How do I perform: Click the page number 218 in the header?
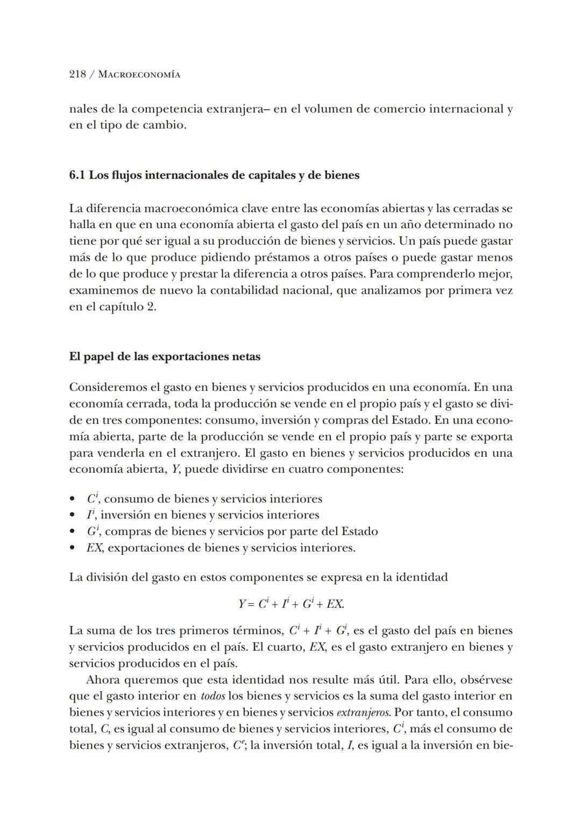tap(77, 75)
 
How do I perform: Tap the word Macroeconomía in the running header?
tap(139, 75)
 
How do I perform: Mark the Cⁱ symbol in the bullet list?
tap(92, 498)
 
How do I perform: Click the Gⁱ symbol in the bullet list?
tap(93, 532)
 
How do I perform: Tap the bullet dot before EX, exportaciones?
tap(73, 549)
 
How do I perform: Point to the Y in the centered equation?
tap(242, 604)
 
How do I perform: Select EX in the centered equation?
tap(335, 604)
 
